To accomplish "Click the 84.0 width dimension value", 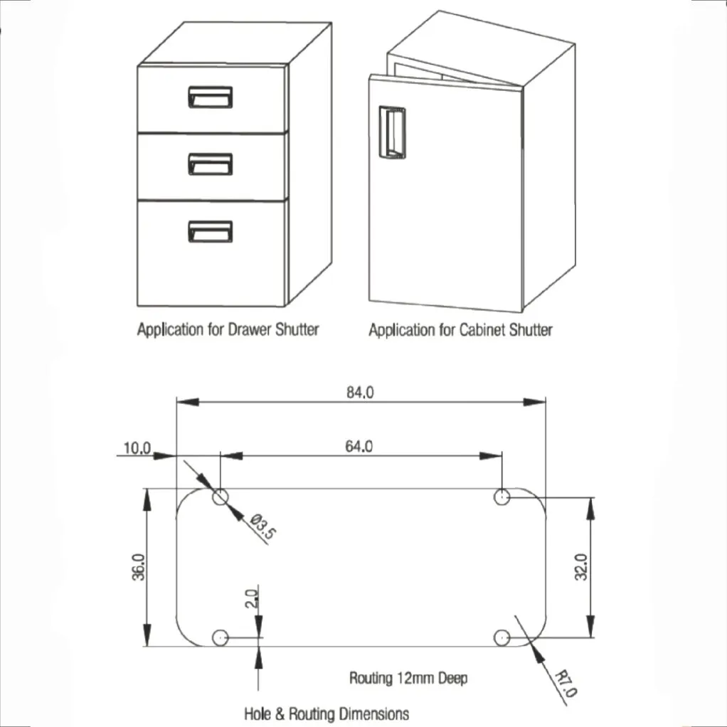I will coord(359,392).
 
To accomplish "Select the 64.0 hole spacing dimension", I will coord(359,447).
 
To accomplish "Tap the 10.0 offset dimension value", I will coord(137,448).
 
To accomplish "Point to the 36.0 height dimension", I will coord(139,567).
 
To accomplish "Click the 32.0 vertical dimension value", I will coord(581,567).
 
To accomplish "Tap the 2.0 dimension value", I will coord(250,599).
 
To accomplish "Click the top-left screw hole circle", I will coord(221,497).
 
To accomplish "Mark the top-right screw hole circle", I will coord(503,497).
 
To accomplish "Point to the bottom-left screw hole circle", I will coord(221,637).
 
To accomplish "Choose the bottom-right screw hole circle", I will coord(502,637).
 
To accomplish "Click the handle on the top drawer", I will coord(211,97).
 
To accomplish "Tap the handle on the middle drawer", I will coord(211,164).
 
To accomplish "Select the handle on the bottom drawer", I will coord(211,231).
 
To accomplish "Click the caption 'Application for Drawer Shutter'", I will coord(228,329).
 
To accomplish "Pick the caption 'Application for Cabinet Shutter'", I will coord(460,330).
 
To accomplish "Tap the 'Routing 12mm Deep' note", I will coord(408,678).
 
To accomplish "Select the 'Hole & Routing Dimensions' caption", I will coord(327,713).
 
